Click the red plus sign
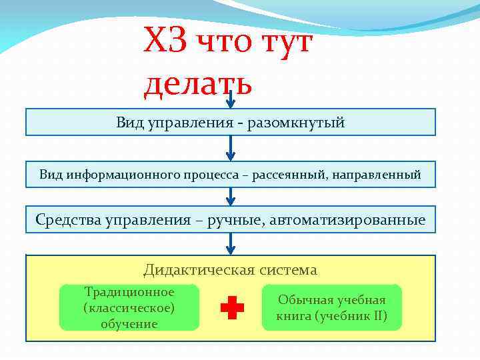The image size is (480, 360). tap(231, 307)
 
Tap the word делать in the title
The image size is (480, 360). tap(197, 85)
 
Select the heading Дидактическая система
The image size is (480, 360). tap(230, 269)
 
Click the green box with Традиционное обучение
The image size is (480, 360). tap(129, 307)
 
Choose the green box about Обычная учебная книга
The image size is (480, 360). tap(331, 307)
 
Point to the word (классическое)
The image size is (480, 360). tap(129, 308)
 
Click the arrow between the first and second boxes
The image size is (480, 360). tap(231, 148)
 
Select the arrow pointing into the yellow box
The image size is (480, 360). tap(231, 244)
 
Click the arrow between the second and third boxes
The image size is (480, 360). tap(231, 196)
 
